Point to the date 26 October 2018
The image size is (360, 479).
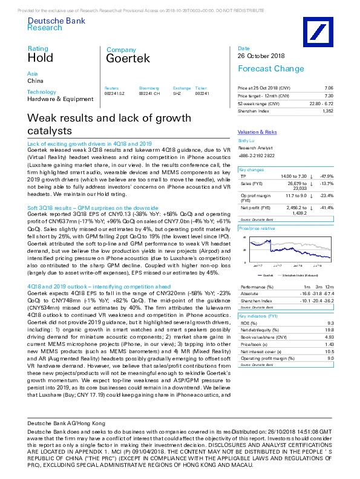[x=260, y=56]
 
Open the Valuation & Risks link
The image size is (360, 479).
[x=257, y=132]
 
